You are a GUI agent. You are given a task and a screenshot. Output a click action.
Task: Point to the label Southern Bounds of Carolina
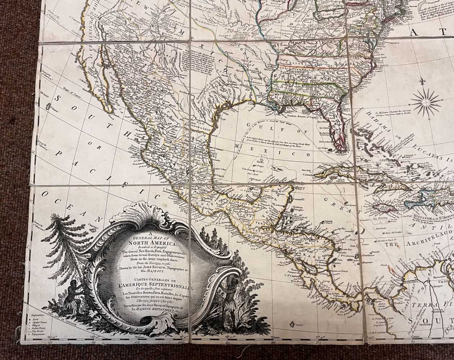[303, 116]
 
